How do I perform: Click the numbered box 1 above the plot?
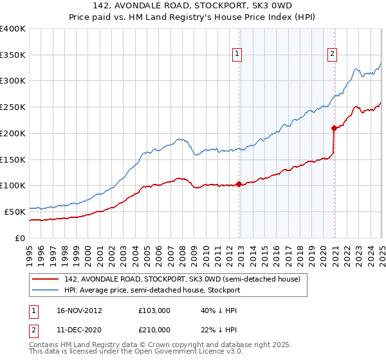(x=238, y=54)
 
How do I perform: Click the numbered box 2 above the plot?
(x=333, y=54)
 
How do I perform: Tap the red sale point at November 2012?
(x=239, y=184)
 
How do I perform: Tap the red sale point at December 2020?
(x=334, y=128)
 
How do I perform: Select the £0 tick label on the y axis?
(x=21, y=238)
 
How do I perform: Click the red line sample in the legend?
(x=45, y=280)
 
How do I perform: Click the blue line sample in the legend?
(x=45, y=291)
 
